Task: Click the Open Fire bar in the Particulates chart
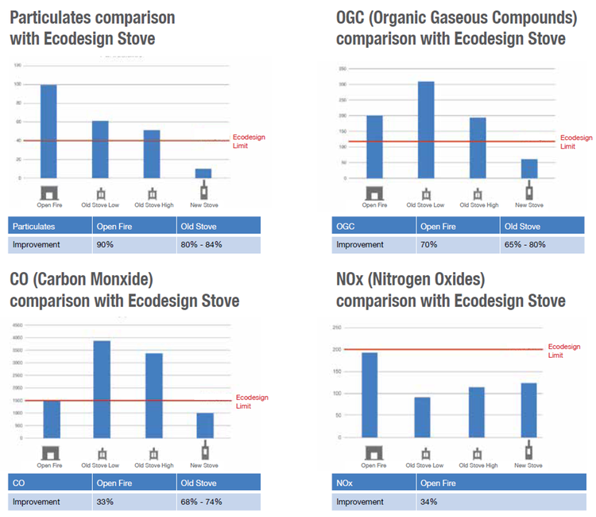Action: (x=48, y=133)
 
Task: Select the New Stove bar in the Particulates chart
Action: (x=204, y=174)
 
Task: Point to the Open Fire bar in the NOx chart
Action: (x=370, y=395)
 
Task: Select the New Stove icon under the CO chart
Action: (x=204, y=452)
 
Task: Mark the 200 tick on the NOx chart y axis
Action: (x=337, y=349)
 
